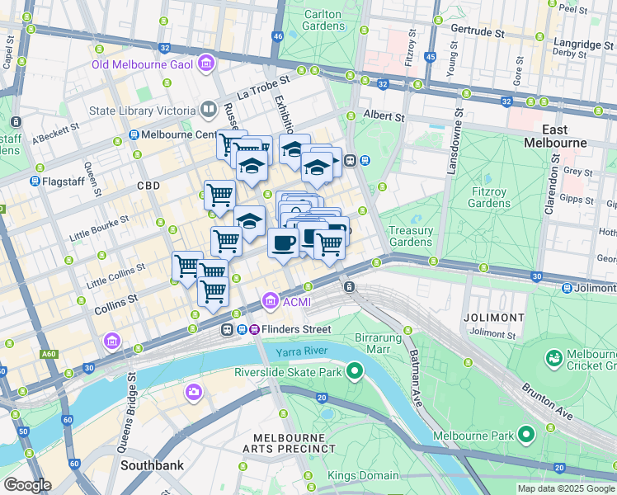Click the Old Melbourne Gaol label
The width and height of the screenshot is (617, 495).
(142, 64)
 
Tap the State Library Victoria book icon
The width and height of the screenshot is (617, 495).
(209, 111)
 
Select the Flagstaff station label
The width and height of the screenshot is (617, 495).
(64, 181)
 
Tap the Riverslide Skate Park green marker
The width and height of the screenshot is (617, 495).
(355, 371)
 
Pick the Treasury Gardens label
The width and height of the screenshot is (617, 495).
(410, 236)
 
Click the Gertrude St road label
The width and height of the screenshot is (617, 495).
(477, 32)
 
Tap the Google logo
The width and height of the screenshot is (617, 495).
(27, 485)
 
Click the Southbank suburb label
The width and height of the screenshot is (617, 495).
(152, 465)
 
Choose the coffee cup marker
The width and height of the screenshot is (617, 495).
(283, 243)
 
